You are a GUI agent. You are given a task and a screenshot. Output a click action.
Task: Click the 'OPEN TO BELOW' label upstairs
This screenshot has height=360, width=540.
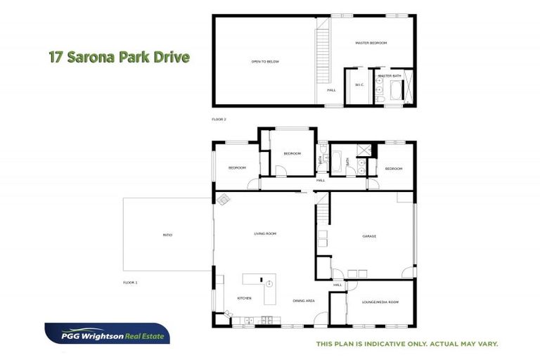265,62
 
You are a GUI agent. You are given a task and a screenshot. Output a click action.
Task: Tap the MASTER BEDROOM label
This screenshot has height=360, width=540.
371,43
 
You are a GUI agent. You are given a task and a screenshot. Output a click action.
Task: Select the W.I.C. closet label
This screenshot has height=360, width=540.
359,85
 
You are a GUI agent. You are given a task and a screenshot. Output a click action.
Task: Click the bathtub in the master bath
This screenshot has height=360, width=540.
394,90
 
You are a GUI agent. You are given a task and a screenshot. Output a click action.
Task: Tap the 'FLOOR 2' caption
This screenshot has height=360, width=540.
219,120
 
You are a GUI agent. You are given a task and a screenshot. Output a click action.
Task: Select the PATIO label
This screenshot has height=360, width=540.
167,234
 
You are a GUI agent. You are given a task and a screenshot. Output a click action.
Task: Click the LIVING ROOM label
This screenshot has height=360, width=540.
264,233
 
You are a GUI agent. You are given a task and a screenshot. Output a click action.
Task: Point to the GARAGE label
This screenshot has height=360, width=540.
369,236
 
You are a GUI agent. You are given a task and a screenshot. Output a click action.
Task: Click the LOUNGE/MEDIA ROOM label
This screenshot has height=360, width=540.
380,302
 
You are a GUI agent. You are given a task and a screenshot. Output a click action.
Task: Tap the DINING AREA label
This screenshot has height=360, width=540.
304,301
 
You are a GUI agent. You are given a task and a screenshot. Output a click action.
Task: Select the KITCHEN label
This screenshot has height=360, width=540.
244,298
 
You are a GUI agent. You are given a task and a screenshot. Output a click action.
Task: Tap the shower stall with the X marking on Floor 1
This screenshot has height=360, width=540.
364,150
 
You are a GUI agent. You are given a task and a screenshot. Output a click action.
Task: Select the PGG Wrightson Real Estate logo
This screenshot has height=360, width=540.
107,334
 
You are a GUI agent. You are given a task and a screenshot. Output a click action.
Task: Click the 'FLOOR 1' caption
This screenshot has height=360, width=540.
130,282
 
